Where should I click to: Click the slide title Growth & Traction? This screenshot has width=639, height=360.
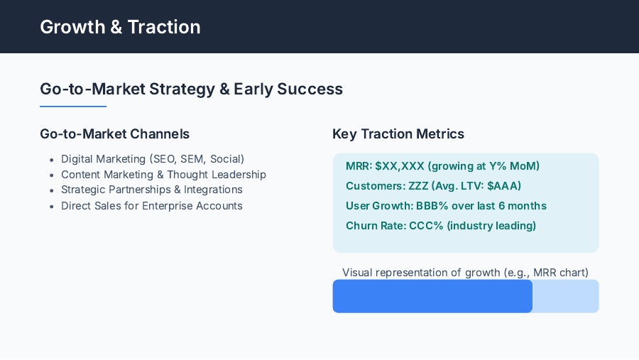[x=120, y=27]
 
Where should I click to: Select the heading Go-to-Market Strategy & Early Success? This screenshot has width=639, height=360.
[x=191, y=89]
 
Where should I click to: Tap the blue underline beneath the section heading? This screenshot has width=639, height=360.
[x=73, y=107]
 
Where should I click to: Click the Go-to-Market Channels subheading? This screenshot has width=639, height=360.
[x=114, y=133]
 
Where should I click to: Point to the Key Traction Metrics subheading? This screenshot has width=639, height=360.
[x=398, y=133]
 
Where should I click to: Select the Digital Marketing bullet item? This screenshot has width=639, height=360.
[x=153, y=159]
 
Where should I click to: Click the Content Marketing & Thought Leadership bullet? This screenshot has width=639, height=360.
[x=163, y=175]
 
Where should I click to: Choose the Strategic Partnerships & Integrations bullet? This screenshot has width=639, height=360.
[x=152, y=190]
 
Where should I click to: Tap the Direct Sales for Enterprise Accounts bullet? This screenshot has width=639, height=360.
[x=152, y=206]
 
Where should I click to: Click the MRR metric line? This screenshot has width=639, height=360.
[x=442, y=166]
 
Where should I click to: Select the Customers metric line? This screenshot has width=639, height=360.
[x=433, y=186]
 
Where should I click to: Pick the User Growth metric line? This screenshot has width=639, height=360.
[x=446, y=206]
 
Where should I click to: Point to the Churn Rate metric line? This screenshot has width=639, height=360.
[x=440, y=226]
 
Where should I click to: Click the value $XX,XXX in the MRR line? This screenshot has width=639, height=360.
[x=400, y=166]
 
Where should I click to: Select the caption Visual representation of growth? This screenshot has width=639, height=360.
[x=465, y=273]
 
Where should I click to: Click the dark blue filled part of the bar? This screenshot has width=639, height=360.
[x=432, y=296]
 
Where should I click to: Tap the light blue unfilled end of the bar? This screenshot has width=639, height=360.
[x=566, y=296]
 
